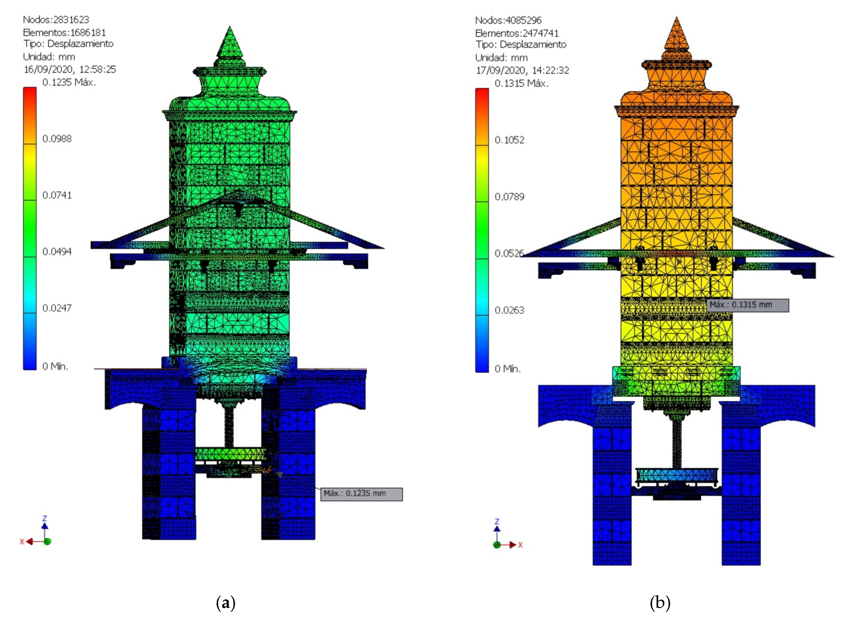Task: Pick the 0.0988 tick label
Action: [x=57, y=139]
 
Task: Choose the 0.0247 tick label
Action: [x=57, y=308]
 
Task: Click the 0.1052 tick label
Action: [x=509, y=140]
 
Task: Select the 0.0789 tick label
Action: [x=509, y=197]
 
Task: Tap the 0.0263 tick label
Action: [x=509, y=310]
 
